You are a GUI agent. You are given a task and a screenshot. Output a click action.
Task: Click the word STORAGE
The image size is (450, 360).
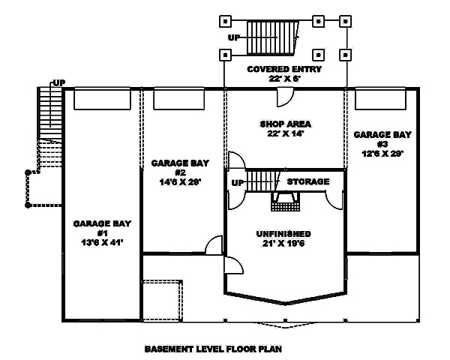click(307, 181)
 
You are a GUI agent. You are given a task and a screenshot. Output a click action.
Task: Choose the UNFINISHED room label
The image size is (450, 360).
click(283, 233)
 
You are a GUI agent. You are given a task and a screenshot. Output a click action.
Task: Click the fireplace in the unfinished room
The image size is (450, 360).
click(284, 200)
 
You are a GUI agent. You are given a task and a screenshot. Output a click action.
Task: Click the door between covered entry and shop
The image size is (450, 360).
click(286, 97)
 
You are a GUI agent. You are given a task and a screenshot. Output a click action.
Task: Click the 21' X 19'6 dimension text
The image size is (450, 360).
click(283, 244)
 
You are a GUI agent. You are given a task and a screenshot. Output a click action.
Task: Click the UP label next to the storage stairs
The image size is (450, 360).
click(237, 182)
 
